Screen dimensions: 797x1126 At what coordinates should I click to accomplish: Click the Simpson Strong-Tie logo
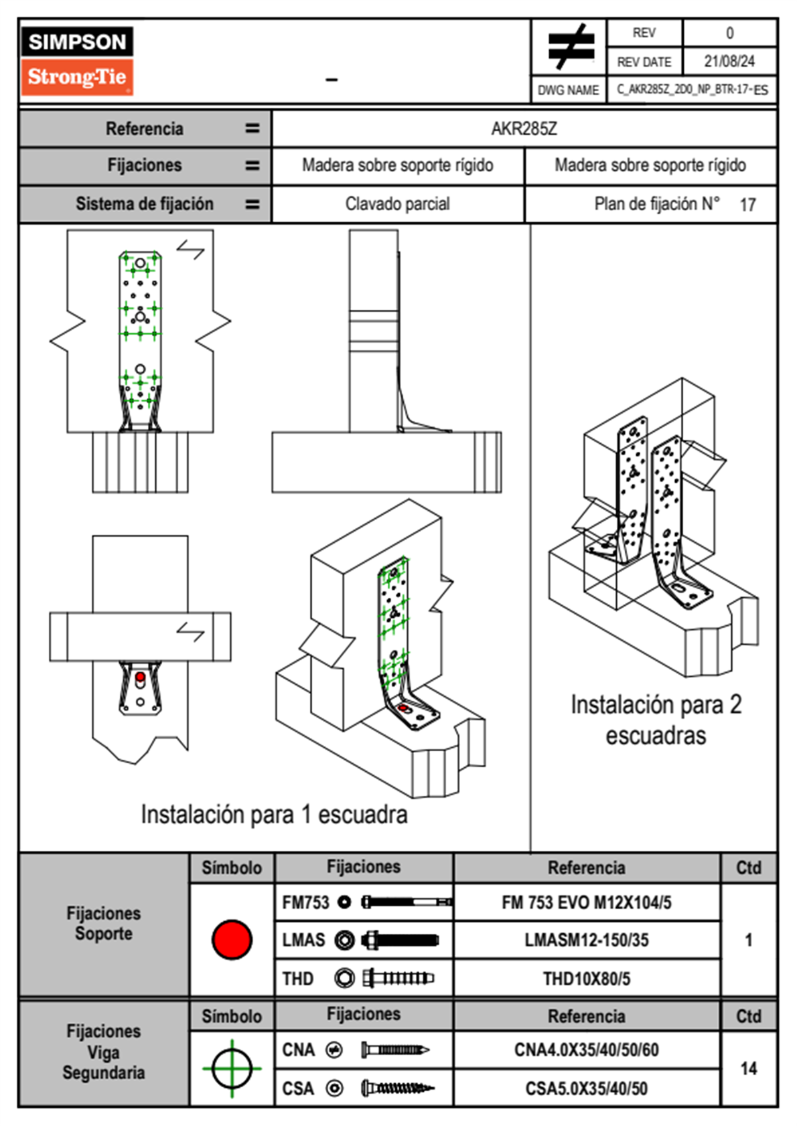[77, 60]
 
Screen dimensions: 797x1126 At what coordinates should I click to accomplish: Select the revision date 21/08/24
[729, 62]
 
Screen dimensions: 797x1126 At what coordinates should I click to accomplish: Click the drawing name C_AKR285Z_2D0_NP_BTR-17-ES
[693, 90]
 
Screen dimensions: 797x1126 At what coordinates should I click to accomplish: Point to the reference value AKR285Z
[524, 129]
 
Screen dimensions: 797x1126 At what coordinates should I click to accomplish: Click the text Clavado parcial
[397, 204]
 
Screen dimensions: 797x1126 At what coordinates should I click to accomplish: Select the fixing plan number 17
[747, 205]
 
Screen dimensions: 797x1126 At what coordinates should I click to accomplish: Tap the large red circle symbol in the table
[232, 939]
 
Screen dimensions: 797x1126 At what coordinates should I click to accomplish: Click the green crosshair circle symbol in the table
[232, 1068]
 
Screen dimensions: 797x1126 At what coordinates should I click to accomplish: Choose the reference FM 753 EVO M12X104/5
[586, 902]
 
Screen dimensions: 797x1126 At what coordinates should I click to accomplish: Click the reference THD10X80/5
[586, 979]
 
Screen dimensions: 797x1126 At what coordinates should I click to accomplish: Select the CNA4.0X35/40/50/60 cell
[586, 1050]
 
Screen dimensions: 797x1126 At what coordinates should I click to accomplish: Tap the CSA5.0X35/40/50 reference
[586, 1089]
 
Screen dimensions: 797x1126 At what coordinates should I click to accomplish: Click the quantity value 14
[748, 1068]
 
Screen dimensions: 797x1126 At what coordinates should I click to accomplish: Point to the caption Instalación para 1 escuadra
[274, 814]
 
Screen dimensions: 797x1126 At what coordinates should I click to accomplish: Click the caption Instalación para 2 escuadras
[656, 720]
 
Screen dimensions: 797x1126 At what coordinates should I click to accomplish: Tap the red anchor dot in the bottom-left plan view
[140, 677]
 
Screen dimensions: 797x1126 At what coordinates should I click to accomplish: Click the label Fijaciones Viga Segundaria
[104, 1052]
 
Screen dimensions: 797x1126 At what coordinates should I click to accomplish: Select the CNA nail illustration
[395, 1050]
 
